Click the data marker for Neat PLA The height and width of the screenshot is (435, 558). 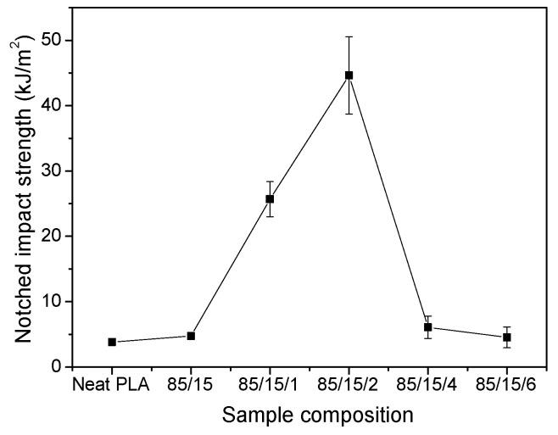(x=112, y=342)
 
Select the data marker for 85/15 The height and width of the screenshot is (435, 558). (x=191, y=336)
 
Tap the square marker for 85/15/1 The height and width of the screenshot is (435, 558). (x=270, y=199)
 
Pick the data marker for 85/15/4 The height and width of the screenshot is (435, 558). (x=428, y=327)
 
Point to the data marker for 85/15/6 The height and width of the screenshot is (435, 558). (x=507, y=337)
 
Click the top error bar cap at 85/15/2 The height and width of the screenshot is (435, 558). (x=349, y=37)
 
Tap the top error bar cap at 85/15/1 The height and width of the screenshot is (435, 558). (x=270, y=181)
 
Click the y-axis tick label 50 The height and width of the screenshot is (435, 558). (x=52, y=41)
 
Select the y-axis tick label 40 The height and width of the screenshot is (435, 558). (x=52, y=106)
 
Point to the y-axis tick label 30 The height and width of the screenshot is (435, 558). (x=52, y=171)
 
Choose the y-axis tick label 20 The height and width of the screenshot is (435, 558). (x=52, y=237)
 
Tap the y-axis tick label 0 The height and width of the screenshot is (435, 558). (x=57, y=366)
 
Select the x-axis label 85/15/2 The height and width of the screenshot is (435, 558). (x=349, y=386)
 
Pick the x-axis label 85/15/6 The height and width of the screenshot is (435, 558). (x=507, y=386)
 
